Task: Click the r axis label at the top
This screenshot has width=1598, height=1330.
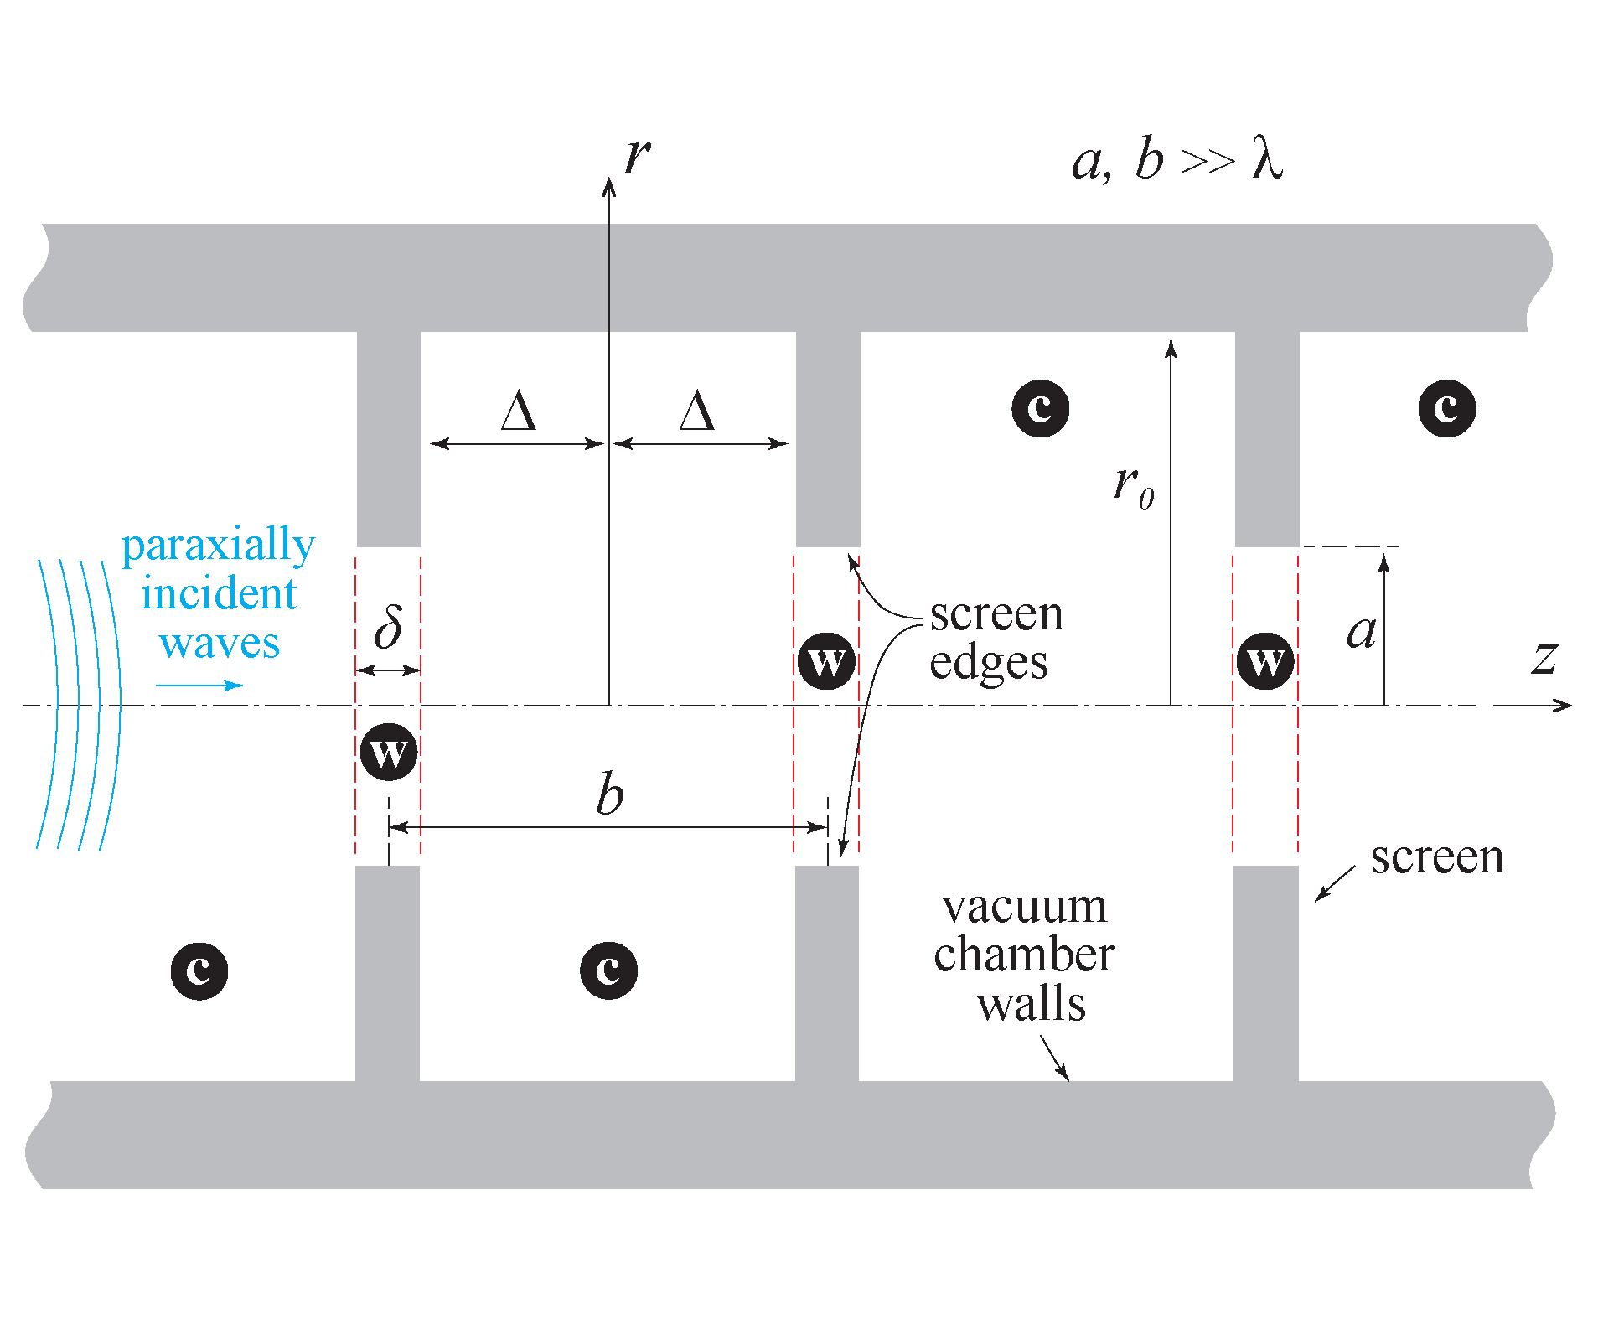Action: (x=637, y=157)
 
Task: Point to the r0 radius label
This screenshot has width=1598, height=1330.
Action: (x=1133, y=486)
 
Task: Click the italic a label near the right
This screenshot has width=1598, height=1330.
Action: (x=1361, y=631)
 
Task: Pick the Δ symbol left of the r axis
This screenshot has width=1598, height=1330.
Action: (x=518, y=411)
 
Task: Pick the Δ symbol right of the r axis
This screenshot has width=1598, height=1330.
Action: (x=696, y=411)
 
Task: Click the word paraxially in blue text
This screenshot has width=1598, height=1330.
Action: (x=218, y=546)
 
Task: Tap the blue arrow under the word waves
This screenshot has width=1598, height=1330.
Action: (x=199, y=686)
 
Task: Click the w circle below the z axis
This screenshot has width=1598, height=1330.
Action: (x=389, y=753)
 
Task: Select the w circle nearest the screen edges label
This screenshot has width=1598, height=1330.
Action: (x=826, y=661)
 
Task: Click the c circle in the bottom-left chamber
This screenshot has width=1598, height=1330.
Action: (x=199, y=970)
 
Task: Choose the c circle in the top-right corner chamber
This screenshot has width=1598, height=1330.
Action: (x=1446, y=408)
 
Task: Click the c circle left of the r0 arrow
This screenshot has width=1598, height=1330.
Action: (x=1040, y=408)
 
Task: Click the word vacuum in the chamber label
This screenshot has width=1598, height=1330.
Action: (x=1024, y=907)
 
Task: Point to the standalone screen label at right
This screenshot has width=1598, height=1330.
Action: (x=1436, y=857)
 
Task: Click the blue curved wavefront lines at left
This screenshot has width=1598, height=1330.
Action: (x=80, y=704)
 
